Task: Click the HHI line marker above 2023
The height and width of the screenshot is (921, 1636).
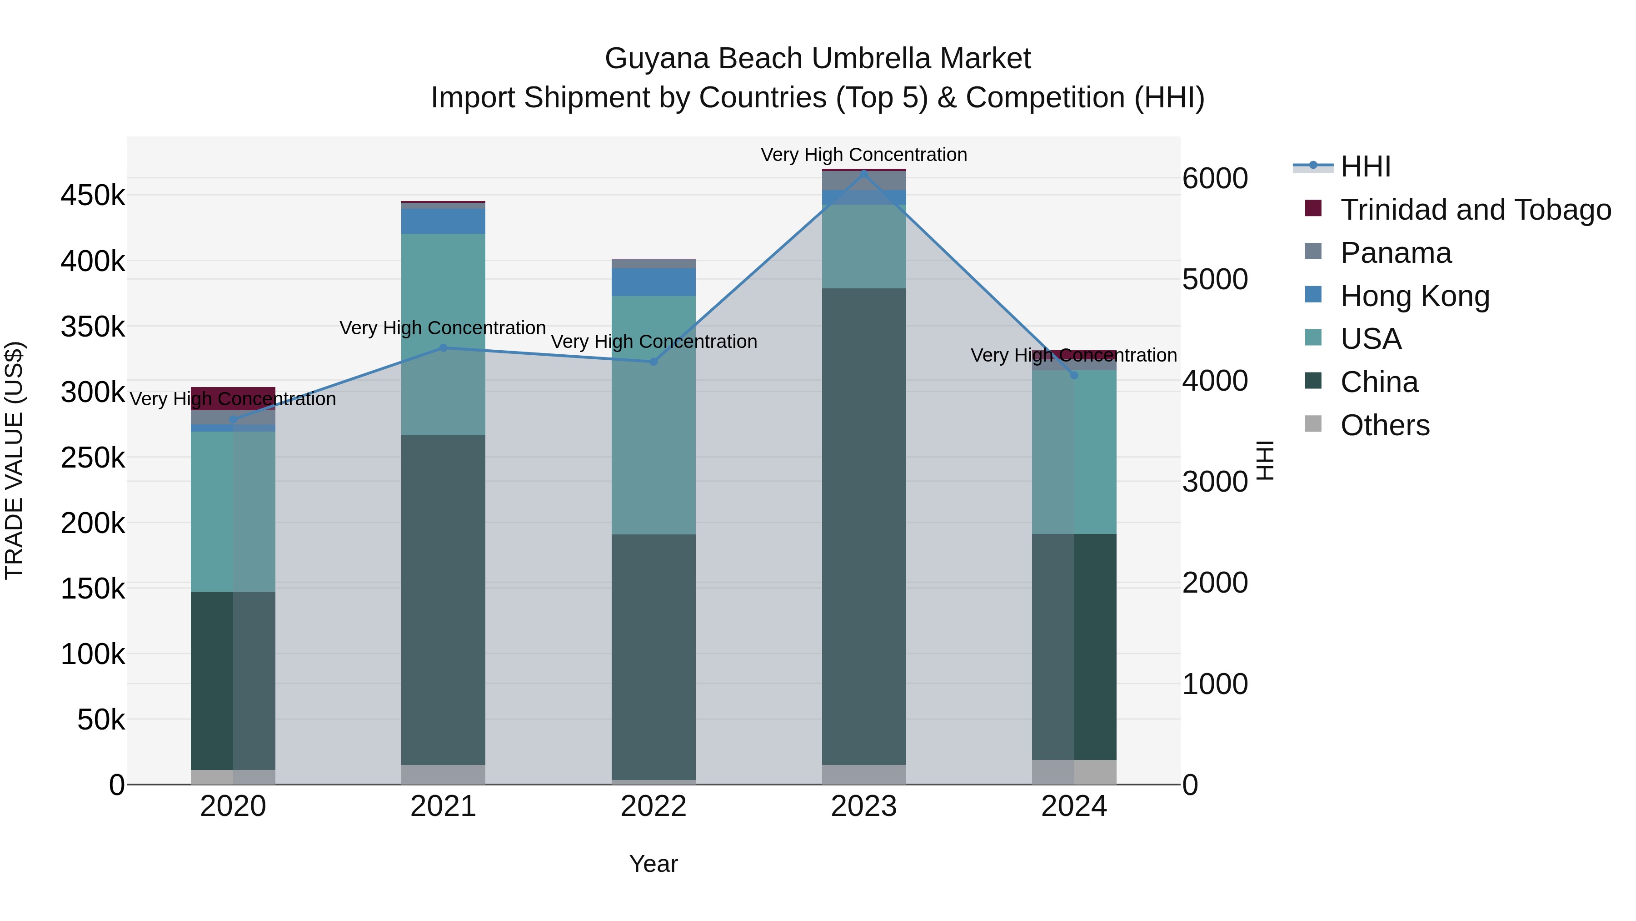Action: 864,173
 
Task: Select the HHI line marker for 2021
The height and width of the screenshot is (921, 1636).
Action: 443,347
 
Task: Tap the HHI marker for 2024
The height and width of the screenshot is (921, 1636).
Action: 1074,375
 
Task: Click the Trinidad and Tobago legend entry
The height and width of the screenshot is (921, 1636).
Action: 1475,210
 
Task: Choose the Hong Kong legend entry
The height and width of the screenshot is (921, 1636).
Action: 1414,296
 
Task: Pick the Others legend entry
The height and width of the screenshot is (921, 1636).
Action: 1385,425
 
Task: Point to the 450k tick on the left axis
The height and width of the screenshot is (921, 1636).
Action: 93,195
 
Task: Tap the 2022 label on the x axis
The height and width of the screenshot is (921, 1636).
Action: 653,806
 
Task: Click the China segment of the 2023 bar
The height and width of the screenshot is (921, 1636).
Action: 864,528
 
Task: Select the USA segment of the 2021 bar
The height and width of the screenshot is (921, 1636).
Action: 443,334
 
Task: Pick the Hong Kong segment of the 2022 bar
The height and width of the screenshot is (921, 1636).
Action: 653,282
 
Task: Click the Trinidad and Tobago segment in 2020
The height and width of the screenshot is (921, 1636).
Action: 233,392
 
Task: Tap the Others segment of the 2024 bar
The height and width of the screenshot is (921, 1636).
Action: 1074,772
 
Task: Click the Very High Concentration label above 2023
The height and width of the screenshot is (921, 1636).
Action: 864,155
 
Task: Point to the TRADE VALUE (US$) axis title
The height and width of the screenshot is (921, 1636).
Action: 14,460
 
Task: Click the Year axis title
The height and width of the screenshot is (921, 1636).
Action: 653,864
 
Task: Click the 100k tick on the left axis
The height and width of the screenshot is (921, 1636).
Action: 93,654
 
